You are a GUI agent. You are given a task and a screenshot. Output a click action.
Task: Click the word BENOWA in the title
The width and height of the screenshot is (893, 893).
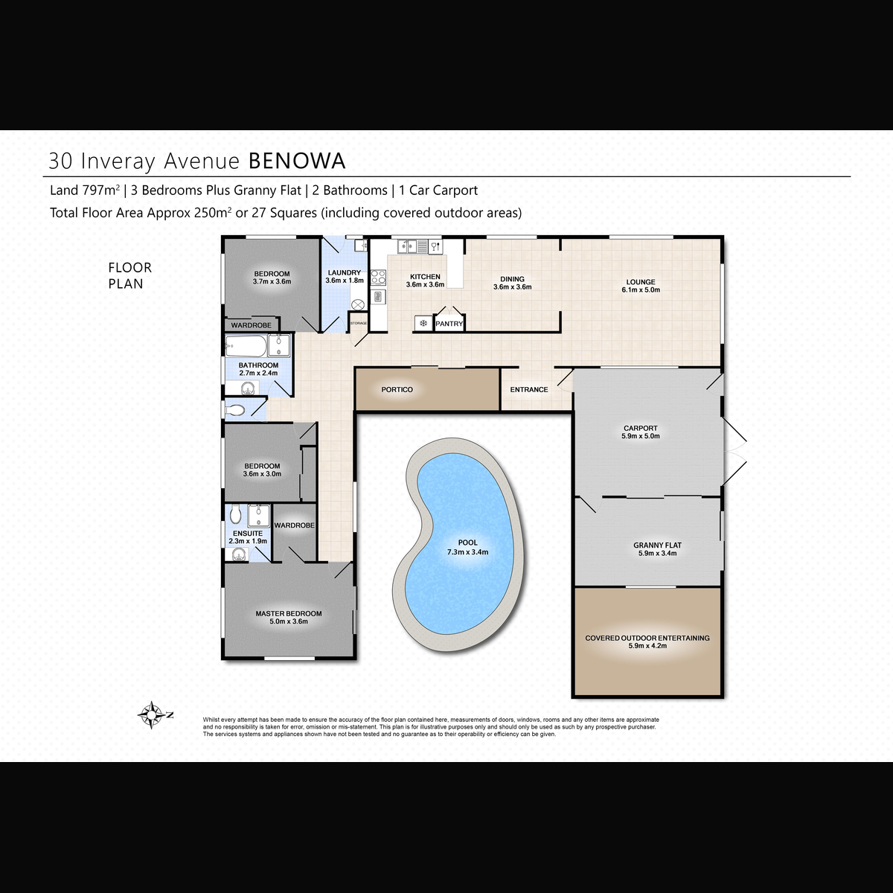point(297,161)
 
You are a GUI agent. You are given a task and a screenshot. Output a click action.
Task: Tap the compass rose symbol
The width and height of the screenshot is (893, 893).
point(152,715)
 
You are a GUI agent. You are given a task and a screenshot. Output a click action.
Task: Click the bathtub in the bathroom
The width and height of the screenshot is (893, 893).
point(246,346)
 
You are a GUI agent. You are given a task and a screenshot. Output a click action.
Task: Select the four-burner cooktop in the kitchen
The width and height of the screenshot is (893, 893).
point(378,277)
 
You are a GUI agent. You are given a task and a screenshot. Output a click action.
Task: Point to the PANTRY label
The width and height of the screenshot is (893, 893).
point(449,324)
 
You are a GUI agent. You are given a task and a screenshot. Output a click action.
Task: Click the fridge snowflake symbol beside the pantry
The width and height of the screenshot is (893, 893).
point(423,323)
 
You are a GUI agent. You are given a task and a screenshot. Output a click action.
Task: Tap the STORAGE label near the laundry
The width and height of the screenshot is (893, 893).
point(358,323)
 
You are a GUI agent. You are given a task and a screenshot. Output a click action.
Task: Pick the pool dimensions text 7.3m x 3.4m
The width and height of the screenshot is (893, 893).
point(467,552)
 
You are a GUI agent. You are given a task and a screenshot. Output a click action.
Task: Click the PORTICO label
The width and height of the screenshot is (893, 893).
point(397,389)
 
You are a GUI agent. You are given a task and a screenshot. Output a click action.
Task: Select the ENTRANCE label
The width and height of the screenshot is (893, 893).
point(529,389)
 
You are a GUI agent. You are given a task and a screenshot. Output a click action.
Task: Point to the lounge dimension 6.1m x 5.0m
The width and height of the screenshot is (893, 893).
point(641,289)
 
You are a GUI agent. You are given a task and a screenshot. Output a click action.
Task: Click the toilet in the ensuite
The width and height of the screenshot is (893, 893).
point(235,513)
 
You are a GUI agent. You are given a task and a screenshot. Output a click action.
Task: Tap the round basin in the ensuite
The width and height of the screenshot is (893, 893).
point(237,554)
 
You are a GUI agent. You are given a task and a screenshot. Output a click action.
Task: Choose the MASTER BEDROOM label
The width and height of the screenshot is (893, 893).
point(288,613)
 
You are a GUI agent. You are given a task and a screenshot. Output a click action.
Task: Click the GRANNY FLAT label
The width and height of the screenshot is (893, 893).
point(657,545)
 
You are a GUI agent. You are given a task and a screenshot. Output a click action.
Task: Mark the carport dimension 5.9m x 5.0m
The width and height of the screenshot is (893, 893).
point(641,436)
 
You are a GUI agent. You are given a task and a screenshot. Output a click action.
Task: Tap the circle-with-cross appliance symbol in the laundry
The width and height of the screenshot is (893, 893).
point(358,304)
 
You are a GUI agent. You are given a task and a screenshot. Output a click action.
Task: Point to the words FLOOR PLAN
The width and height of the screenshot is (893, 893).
point(129,275)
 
